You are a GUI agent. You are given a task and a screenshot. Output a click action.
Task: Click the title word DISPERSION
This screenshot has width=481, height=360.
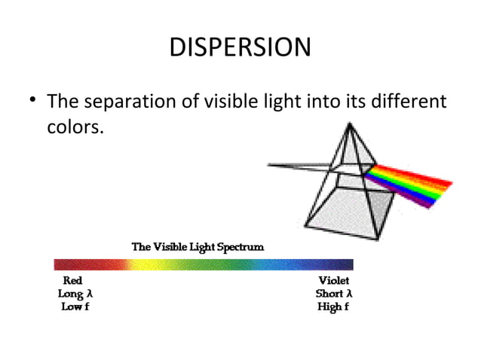coord(240,47)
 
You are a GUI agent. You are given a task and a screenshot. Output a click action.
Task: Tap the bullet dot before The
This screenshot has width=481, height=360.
coord(31,102)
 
